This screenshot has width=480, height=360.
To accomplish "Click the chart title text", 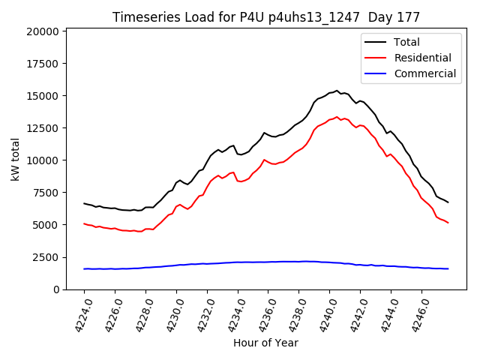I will click(266, 17).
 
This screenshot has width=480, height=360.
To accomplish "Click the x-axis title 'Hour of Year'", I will click(265, 343).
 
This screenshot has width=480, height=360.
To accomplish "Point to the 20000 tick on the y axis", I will click(43, 31).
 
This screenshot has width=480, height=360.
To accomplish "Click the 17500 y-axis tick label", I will click(43, 64).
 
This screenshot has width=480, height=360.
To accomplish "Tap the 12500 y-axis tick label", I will click(43, 128).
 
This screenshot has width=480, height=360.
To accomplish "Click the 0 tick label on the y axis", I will click(56, 289).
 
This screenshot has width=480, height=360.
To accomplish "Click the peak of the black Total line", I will click(337, 91).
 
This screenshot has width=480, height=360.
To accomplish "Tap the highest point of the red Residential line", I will click(337, 116).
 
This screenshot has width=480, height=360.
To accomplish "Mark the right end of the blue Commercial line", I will click(448, 268).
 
